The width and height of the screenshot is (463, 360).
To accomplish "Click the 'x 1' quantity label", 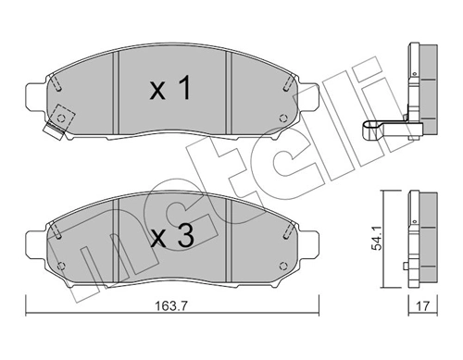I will [170, 91].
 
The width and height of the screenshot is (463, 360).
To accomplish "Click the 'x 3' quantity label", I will [170, 237].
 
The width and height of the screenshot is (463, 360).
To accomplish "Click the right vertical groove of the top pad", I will [229, 93].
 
